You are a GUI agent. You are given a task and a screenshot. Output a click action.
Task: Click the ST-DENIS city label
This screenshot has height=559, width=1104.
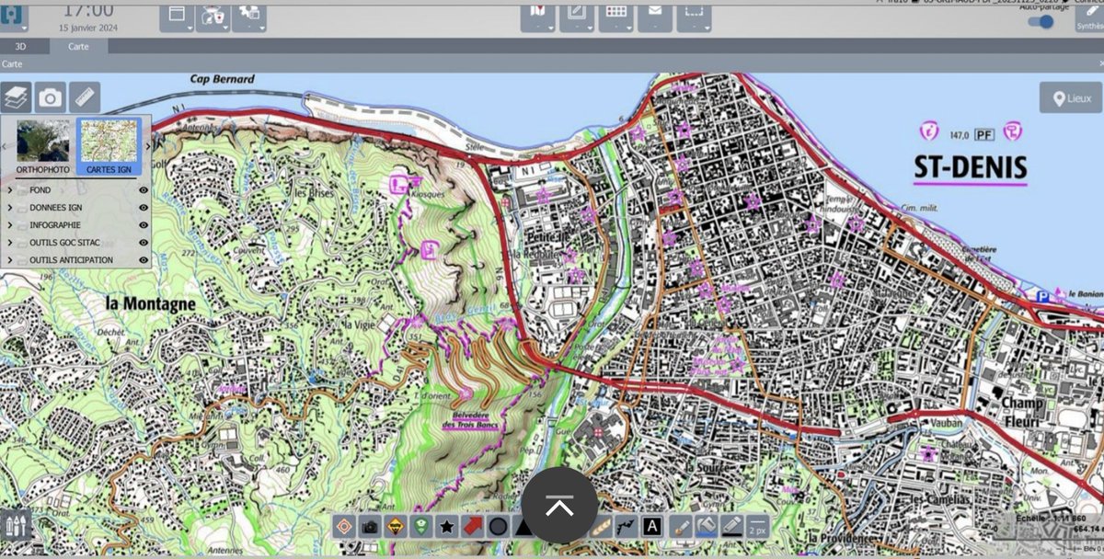970,169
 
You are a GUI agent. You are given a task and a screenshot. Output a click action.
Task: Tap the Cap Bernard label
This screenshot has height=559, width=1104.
222,80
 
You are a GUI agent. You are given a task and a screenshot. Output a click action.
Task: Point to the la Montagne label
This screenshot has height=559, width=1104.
150,302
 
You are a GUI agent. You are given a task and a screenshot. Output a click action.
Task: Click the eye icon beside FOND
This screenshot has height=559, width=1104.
144,190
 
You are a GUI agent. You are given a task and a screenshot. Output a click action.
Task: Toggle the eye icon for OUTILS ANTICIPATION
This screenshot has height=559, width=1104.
144,260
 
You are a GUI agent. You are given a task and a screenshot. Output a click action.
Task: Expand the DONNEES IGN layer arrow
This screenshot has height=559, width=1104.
10,208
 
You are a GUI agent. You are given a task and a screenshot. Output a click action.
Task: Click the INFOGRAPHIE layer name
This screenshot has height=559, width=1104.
55,225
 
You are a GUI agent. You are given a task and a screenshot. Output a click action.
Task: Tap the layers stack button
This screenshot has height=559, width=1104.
16,97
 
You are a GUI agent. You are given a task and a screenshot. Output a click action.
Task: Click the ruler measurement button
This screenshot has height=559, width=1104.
85,97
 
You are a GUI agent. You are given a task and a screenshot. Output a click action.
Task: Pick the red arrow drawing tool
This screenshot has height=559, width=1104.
472,527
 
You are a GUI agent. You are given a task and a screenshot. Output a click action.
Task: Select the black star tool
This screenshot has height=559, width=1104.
446,527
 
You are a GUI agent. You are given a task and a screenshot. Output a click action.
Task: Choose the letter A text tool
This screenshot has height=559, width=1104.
651,527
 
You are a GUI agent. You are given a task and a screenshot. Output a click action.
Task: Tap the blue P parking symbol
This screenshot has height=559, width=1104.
1042,296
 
